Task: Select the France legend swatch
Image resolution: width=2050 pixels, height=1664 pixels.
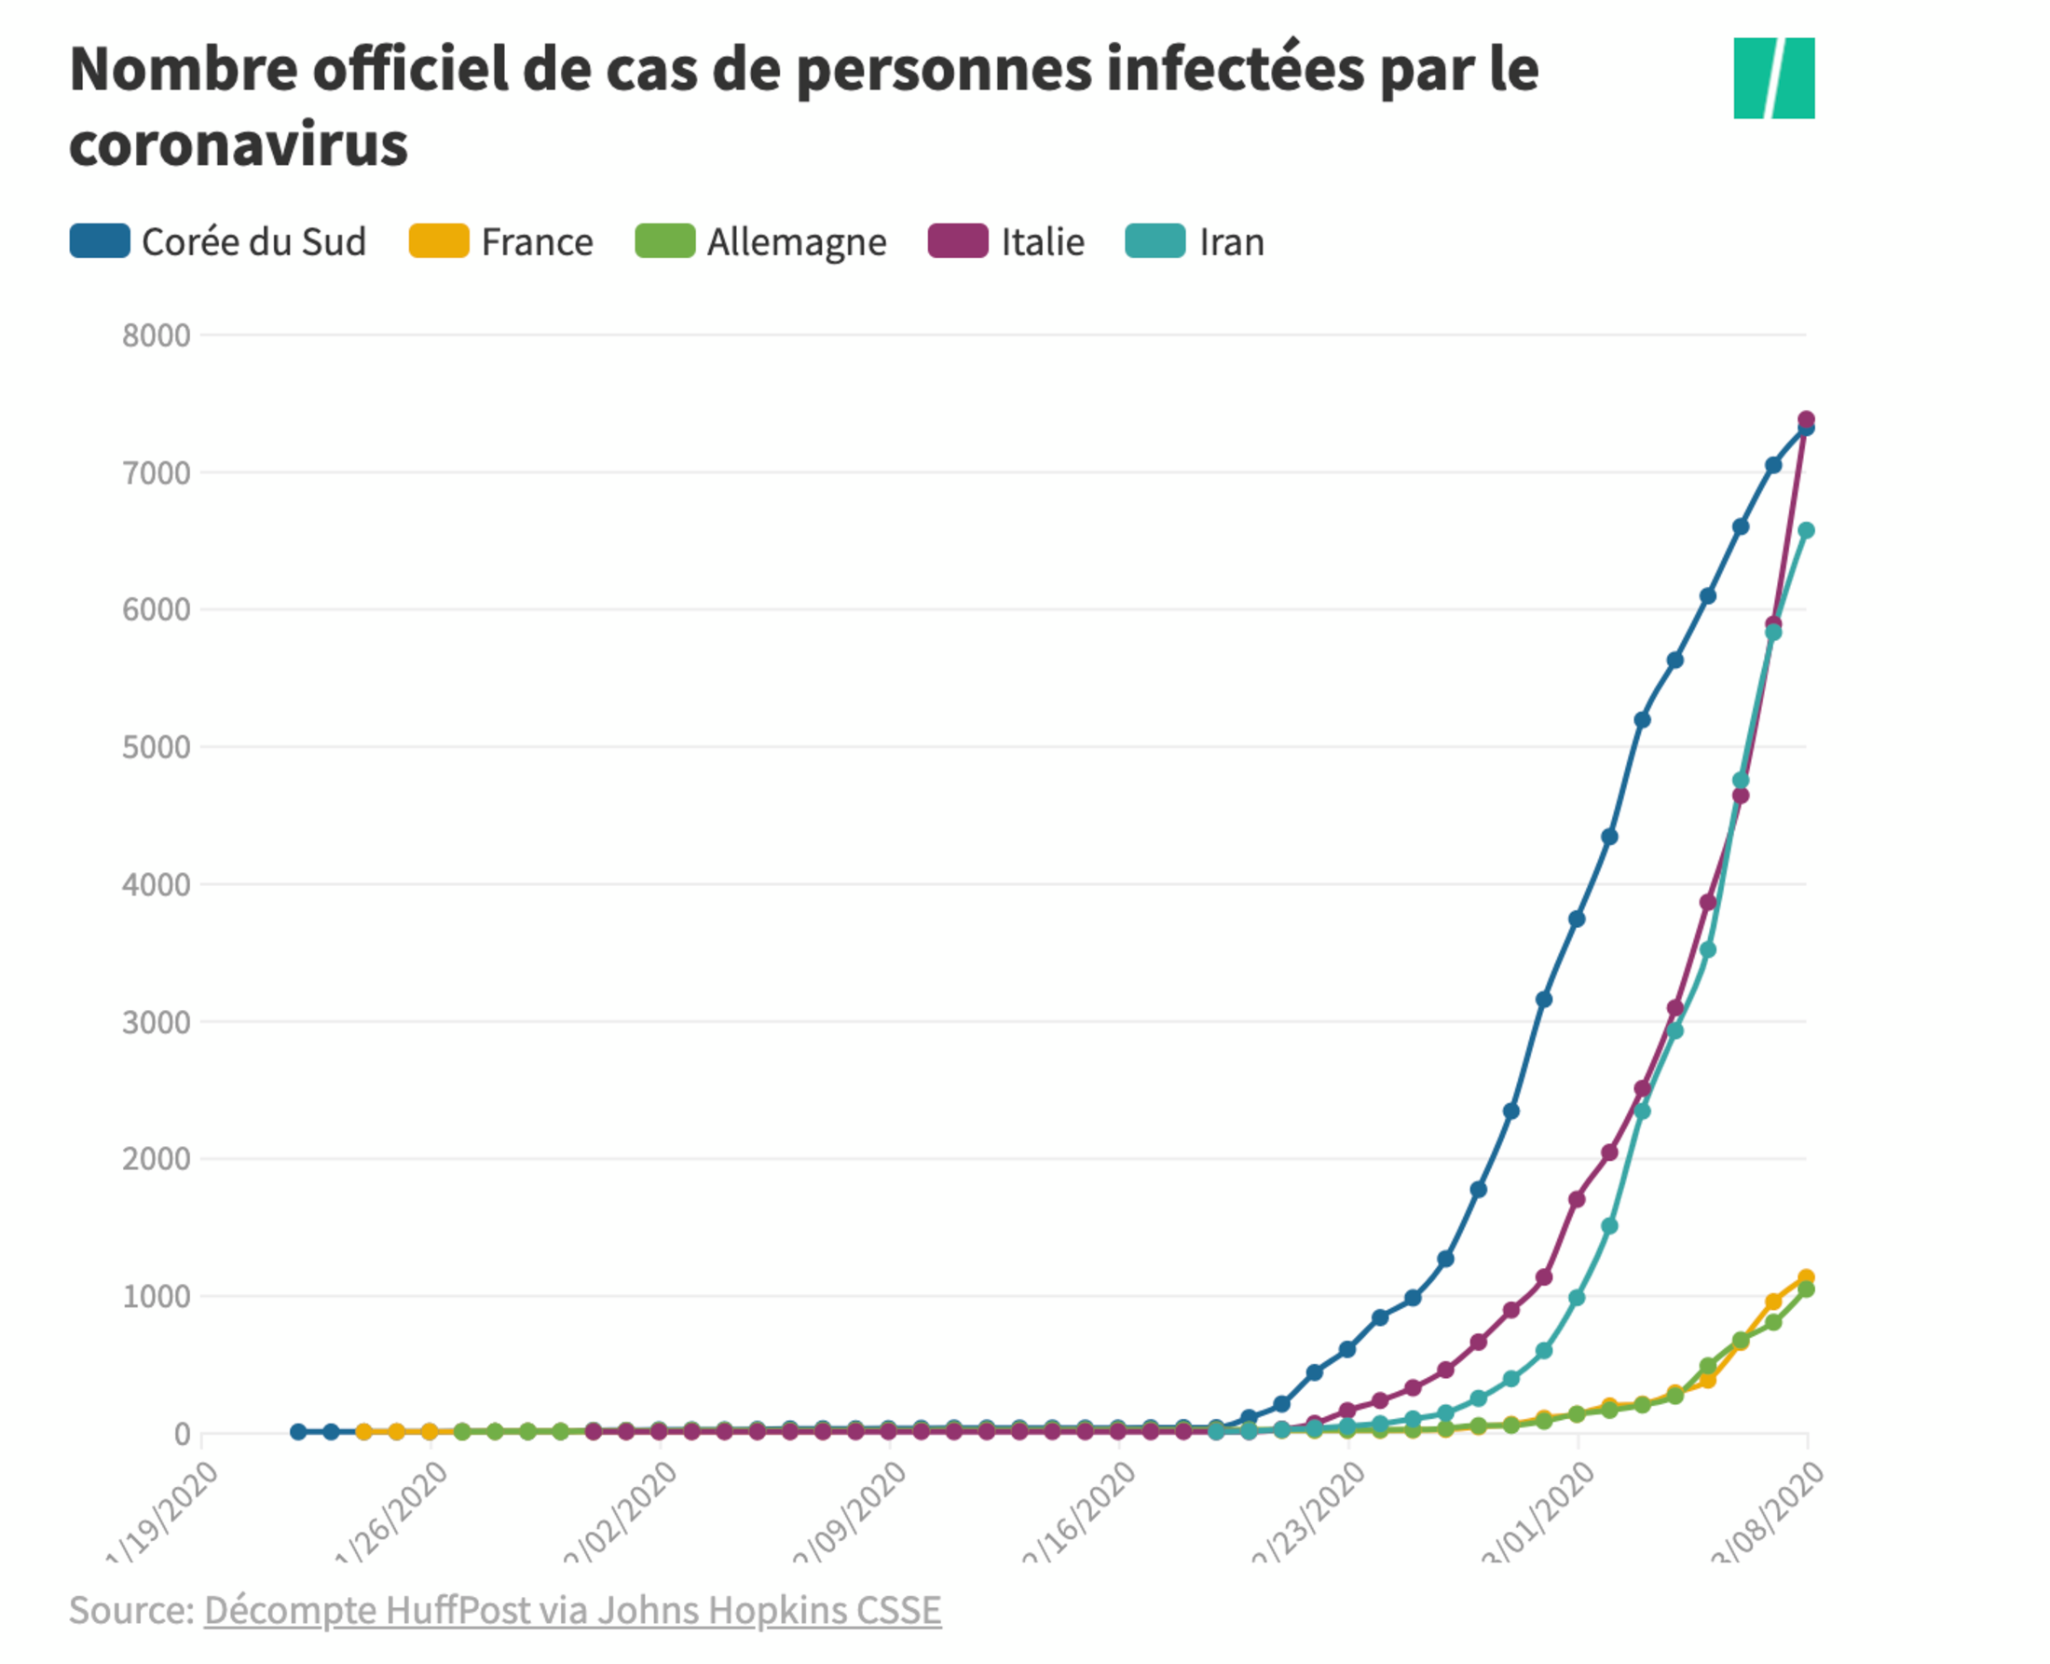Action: click(438, 240)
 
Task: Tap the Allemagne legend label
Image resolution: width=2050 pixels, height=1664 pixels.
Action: click(796, 241)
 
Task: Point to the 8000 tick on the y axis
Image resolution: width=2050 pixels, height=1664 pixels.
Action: click(157, 335)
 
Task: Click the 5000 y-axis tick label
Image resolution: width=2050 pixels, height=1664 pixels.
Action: click(157, 746)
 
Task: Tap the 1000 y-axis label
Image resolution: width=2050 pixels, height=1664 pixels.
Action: click(157, 1296)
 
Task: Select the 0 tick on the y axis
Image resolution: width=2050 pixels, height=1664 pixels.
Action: click(181, 1434)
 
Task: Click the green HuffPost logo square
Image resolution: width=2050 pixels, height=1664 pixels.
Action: click(1773, 78)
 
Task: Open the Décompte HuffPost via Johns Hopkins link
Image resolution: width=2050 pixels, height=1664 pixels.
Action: click(572, 1610)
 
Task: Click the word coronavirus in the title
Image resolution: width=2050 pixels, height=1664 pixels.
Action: click(239, 145)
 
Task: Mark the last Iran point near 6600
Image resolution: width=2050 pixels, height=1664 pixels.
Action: click(1806, 530)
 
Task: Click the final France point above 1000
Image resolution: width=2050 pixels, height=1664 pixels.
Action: click(1806, 1277)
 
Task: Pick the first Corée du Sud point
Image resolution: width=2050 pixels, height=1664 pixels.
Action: click(298, 1431)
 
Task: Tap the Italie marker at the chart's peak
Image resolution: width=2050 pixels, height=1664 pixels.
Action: click(1806, 419)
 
